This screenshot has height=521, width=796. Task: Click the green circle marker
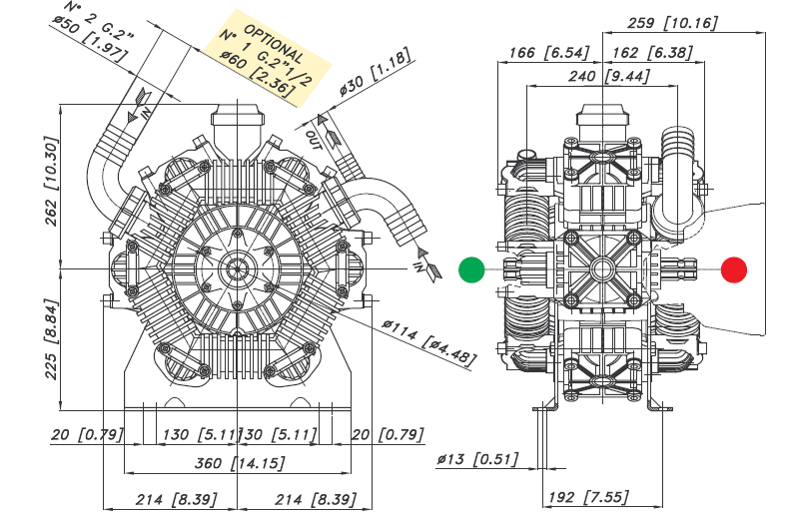coord(471,269)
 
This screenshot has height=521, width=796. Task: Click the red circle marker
coord(734,269)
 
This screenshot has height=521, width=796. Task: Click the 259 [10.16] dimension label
coord(672,23)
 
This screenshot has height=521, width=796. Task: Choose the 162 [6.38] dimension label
coord(650,52)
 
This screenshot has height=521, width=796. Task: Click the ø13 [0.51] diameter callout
coord(476,459)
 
